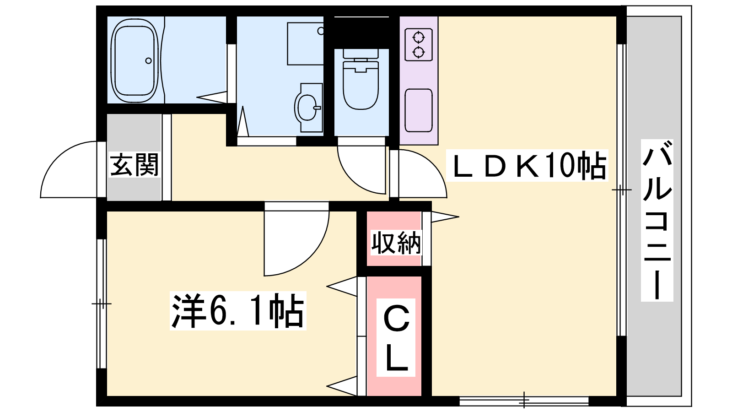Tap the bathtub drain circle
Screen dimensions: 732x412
click(x=148, y=60)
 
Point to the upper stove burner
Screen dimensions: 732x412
click(x=419, y=37)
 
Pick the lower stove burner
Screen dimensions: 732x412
click(x=419, y=52)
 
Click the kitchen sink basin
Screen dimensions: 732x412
click(x=419, y=110)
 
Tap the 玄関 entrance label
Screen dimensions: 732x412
click(x=134, y=165)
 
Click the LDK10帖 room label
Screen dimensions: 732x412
click(x=527, y=165)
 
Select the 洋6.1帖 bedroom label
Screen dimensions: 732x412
click(x=238, y=311)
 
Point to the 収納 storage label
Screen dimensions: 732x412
click(x=396, y=243)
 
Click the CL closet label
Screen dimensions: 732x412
click(x=396, y=337)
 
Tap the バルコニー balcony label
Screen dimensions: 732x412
click(x=657, y=220)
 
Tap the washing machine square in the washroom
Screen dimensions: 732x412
click(x=305, y=43)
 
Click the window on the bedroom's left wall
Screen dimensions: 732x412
click(x=102, y=304)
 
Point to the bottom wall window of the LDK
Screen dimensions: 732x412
click(x=524, y=401)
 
